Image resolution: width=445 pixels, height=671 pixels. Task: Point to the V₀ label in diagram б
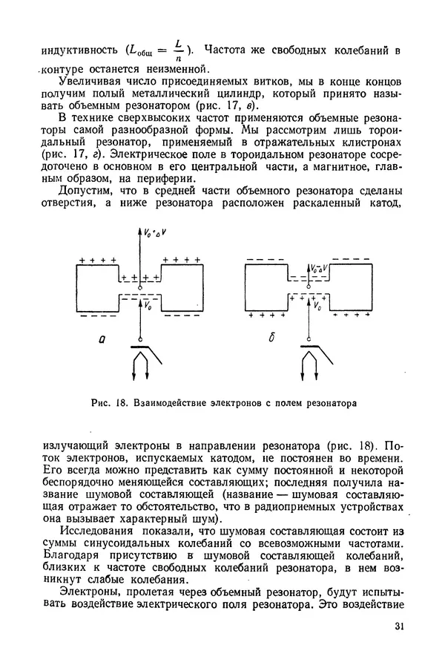(318, 305)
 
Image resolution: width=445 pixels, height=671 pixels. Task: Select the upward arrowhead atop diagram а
(140, 229)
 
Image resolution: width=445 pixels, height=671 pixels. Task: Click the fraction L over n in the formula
(178, 50)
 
